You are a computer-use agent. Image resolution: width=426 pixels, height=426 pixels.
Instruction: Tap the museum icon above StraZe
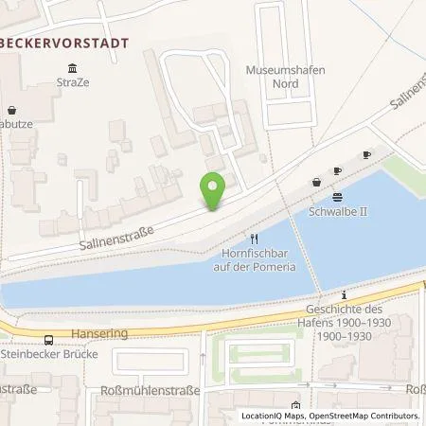pos(73,66)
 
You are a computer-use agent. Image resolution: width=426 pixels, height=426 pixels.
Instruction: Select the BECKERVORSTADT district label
pos(62,42)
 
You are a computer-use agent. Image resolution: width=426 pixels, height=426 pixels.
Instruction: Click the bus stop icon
pos(47,341)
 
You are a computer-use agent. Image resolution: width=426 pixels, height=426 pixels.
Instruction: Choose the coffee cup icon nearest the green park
pos(367,153)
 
